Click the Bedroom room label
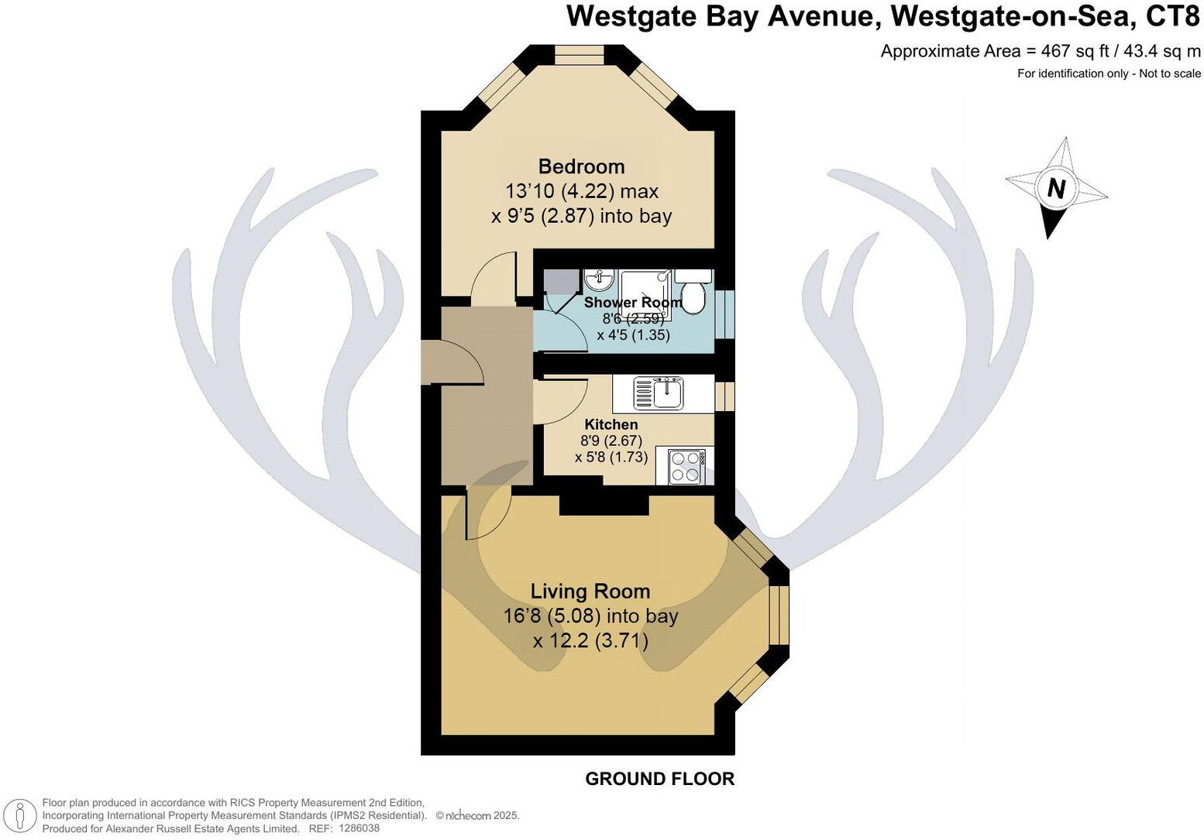[x=581, y=166]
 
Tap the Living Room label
[x=590, y=591]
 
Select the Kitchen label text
[x=611, y=424]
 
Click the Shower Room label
[x=632, y=303]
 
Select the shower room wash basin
[x=598, y=279]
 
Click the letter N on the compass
[x=1056, y=188]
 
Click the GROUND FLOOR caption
[x=659, y=779]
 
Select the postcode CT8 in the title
[x=1171, y=16]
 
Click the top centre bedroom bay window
[x=580, y=55]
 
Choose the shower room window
[x=724, y=314]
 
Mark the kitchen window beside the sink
[x=724, y=395]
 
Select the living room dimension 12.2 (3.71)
[x=590, y=641]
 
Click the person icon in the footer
[x=21, y=816]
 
